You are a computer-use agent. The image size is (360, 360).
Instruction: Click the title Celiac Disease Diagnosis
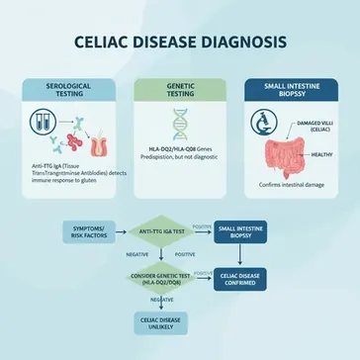180,43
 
